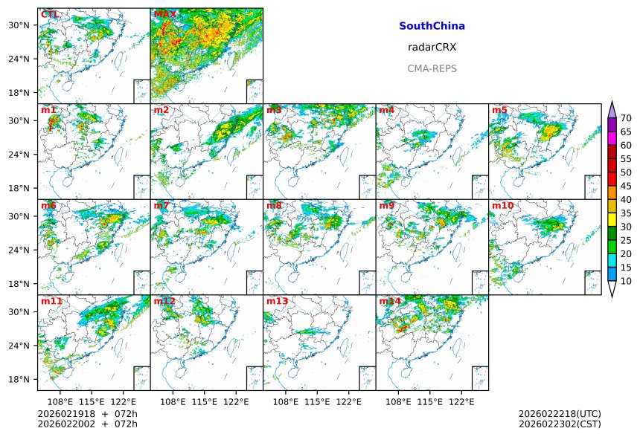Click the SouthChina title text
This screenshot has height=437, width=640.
click(432, 26)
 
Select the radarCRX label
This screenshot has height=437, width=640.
click(432, 47)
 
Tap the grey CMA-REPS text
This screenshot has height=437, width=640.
click(432, 68)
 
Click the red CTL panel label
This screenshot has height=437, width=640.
click(50, 14)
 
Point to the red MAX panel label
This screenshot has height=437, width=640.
click(164, 14)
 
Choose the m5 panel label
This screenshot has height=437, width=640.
click(499, 110)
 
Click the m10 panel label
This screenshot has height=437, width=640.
click(502, 205)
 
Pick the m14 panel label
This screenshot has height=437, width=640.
click(389, 301)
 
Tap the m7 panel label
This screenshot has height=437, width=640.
click(161, 205)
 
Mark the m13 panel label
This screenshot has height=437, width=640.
click(277, 301)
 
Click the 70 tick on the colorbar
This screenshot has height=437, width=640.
click(626, 118)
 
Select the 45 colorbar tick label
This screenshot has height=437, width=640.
click(626, 186)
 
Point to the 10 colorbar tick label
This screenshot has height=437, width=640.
click(626, 281)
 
